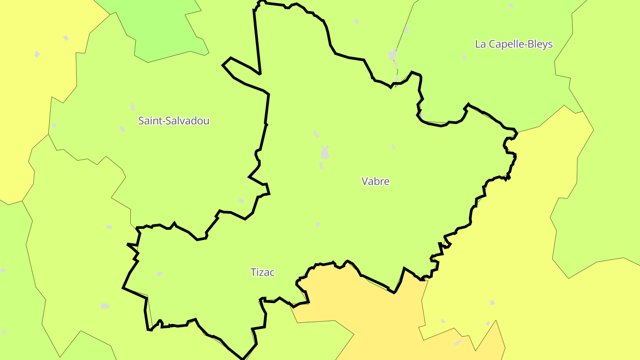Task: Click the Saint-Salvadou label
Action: point(174,120)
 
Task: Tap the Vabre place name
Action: point(376,181)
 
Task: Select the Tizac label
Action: point(263,272)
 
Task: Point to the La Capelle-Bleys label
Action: point(514,44)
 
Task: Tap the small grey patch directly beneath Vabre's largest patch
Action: point(321,166)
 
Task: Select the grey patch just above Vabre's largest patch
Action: point(316,134)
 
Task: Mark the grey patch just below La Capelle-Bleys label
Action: point(464,57)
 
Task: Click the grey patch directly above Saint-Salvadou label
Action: point(133,107)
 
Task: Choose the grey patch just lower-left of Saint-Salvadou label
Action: point(122,129)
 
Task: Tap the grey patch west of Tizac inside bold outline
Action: point(160,274)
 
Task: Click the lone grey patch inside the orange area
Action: point(458,342)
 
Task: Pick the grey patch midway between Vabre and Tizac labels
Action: point(318,225)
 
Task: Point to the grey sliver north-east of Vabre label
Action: point(393,146)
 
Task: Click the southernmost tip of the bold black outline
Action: point(242,358)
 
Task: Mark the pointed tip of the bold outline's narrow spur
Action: point(223,65)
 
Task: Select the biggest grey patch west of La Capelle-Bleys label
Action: point(392,55)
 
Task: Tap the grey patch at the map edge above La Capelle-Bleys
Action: point(511,5)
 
